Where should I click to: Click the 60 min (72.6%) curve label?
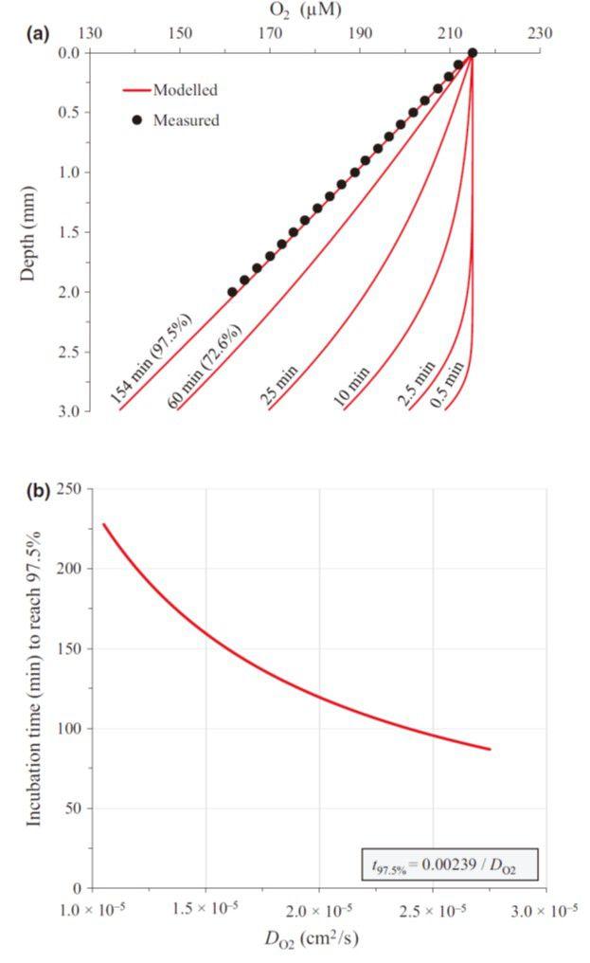[206, 366]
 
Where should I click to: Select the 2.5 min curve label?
[416, 383]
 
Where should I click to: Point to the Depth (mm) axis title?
[29, 232]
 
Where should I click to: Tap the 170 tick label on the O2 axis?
[270, 33]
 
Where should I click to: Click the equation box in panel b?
[450, 865]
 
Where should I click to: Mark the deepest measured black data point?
[232, 292]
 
